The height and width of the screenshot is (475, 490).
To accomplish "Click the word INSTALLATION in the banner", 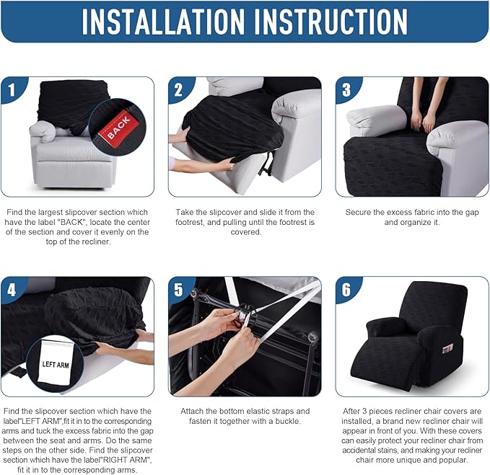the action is [163, 22].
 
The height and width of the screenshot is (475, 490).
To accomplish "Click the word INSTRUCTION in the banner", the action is [331, 22].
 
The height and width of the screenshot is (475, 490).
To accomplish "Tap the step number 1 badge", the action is [12, 89].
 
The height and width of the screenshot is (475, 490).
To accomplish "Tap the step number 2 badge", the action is [180, 89].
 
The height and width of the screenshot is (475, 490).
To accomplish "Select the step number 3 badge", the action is [347, 89].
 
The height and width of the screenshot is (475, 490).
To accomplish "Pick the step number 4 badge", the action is [12, 290].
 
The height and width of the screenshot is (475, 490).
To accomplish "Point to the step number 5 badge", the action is [180, 290].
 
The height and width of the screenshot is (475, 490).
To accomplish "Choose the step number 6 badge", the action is [347, 290].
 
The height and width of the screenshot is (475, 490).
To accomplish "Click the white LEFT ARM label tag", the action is [56, 362].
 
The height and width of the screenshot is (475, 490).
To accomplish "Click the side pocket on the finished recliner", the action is [448, 350].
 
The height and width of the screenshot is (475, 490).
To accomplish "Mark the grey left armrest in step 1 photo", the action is [43, 131].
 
